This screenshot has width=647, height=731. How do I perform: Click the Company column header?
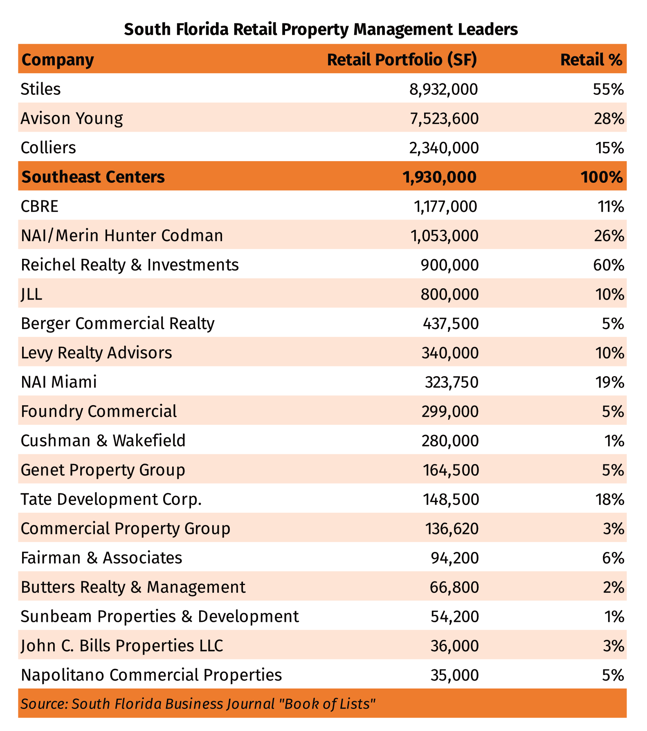58,60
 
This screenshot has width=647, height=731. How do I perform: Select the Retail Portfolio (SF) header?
402,60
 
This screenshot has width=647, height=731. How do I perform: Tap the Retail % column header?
591,60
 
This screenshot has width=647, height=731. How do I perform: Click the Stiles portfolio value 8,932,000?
443,89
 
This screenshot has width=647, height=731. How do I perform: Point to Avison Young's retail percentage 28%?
609,119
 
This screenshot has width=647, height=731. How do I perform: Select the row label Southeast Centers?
93,177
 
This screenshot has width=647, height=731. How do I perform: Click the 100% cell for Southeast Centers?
601,177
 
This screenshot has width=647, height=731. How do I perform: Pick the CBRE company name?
40,206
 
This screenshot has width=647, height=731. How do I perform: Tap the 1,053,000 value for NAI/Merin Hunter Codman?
445,236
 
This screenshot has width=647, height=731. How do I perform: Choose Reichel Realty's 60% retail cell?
609,265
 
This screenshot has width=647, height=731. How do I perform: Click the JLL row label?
31,294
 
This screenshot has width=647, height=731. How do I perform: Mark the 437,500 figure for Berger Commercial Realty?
451,324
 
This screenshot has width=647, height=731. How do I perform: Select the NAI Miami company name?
59,382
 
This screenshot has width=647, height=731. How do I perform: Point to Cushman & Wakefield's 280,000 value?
450,441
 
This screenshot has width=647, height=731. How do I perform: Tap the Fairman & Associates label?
101,558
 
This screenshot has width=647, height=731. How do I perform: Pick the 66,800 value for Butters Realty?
454,587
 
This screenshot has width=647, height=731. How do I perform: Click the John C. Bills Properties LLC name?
122,646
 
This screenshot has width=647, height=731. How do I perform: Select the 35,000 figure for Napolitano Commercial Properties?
454,675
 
